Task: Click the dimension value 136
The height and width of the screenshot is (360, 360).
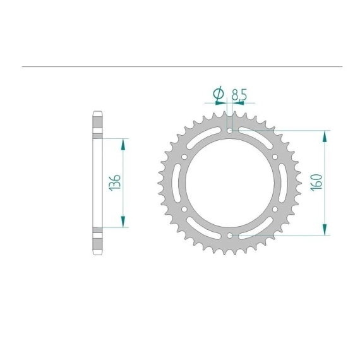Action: point(115,183)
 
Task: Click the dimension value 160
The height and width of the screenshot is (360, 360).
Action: point(316,183)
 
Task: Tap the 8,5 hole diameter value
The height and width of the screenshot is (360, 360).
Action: point(239,95)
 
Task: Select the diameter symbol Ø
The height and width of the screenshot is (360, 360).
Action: point(219,93)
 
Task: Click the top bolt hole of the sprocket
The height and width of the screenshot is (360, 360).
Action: point(229,131)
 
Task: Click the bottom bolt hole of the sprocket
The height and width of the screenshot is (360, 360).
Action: point(229,236)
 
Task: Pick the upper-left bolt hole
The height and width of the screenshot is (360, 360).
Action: point(184,157)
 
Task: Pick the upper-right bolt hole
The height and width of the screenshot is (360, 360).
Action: point(275,157)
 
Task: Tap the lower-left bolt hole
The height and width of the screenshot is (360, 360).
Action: point(184,209)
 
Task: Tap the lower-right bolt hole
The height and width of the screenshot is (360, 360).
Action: point(275,209)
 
